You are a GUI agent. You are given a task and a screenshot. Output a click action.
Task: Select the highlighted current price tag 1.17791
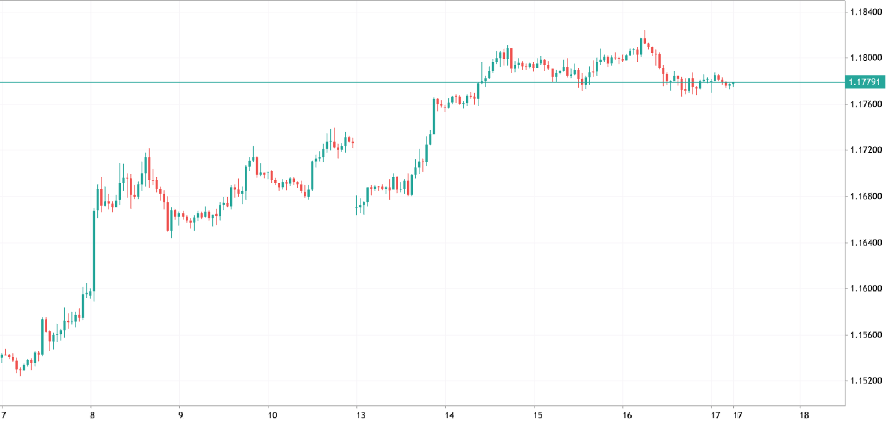(865, 82)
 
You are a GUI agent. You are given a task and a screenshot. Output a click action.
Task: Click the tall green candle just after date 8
(94, 250)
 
